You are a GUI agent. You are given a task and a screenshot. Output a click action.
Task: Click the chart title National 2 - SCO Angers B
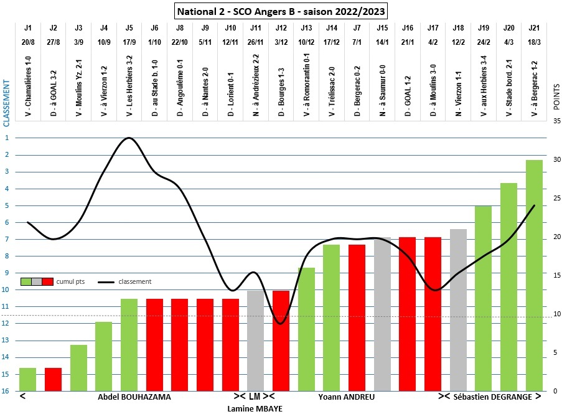pyautogui.click(x=281, y=11)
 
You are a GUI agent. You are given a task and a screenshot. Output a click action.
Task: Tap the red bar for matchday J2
pyautogui.click(x=53, y=379)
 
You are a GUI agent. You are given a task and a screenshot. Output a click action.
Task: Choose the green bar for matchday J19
pyautogui.click(x=483, y=298)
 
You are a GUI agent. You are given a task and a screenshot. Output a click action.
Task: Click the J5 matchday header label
pyautogui.click(x=129, y=28)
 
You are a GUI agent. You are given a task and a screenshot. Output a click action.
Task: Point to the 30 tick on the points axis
pyautogui.click(x=556, y=159)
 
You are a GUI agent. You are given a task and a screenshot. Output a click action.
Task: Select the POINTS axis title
pyautogui.click(x=556, y=97)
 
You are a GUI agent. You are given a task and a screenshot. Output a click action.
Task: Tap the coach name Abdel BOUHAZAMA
pyautogui.click(x=134, y=397)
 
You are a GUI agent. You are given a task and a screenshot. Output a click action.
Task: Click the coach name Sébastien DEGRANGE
pyautogui.click(x=492, y=397)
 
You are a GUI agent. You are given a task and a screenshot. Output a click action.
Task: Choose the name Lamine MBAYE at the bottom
pyautogui.click(x=255, y=408)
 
